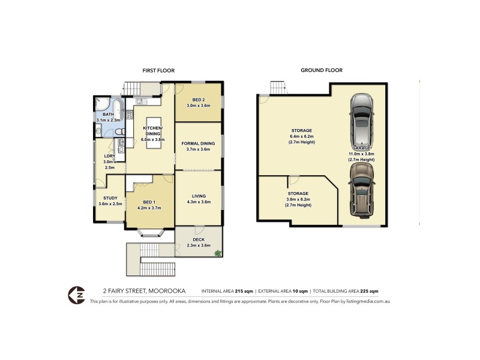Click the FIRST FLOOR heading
(158, 70)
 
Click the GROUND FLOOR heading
(322, 70)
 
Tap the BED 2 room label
(198, 99)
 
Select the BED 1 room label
(149, 202)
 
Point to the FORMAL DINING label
(198, 143)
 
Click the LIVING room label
(198, 196)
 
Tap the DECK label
(198, 239)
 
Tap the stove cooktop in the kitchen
(130, 114)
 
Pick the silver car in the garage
(361, 119)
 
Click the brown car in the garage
(361, 191)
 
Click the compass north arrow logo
(76, 294)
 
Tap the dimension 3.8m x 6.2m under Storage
(298, 199)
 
